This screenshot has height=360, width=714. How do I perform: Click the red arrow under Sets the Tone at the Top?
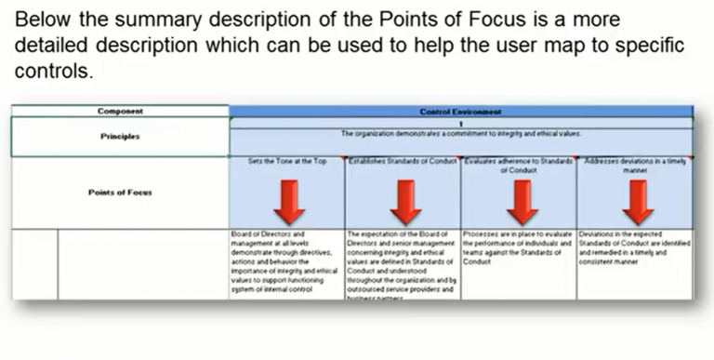[x=287, y=201]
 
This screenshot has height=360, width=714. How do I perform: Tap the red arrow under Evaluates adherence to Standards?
[x=521, y=201]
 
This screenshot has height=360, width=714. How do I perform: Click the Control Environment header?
[x=461, y=112]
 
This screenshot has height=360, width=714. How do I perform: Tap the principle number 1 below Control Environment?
[x=461, y=122]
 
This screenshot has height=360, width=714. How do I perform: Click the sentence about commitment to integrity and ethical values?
[x=461, y=134]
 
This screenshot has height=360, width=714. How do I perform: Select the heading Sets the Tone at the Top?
[x=287, y=161]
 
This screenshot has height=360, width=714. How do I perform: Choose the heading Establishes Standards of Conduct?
[x=403, y=161]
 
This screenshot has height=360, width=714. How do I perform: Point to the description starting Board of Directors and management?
[x=286, y=260]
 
